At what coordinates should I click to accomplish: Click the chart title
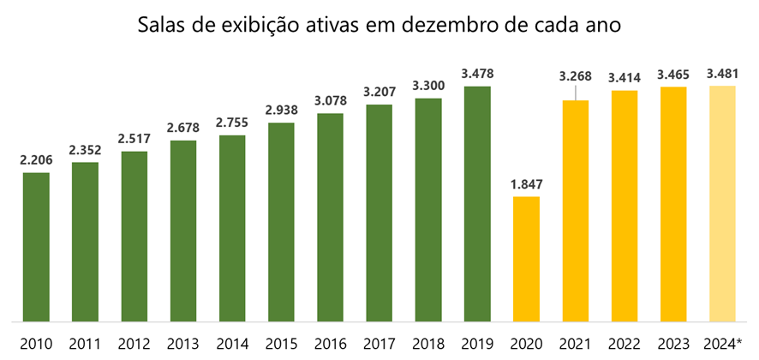(379, 25)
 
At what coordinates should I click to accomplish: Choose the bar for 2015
(281, 222)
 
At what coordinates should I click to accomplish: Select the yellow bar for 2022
(625, 207)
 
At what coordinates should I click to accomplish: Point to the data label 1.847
(526, 183)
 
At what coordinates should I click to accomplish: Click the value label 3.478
(477, 73)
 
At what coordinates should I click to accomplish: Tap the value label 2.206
(35, 159)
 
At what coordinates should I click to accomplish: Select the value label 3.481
(723, 73)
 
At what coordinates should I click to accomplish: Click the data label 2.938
(281, 110)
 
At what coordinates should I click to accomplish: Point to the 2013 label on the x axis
(182, 344)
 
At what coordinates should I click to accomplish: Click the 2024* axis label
(723, 344)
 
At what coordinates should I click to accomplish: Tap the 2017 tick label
(379, 344)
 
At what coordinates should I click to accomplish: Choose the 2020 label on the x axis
(526, 344)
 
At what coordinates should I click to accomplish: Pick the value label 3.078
(330, 100)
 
